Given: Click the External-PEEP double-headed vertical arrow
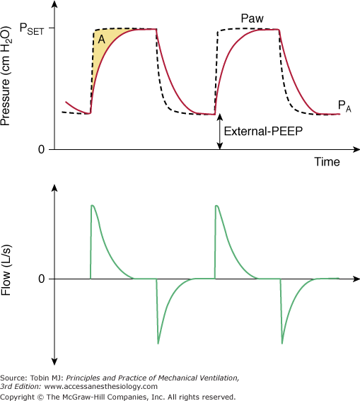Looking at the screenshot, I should (x=220, y=132).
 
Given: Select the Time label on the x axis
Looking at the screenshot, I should (x=327, y=162).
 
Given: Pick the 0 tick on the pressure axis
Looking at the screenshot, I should (x=41, y=149).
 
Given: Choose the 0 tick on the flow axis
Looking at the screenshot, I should (x=41, y=279).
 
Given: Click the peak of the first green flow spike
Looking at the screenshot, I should (x=93, y=206).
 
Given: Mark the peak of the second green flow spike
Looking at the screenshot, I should (x=216, y=206).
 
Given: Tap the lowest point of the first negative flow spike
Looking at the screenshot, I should (x=158, y=343).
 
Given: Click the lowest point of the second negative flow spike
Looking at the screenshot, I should (x=282, y=343).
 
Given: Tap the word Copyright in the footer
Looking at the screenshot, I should (x=19, y=396).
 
